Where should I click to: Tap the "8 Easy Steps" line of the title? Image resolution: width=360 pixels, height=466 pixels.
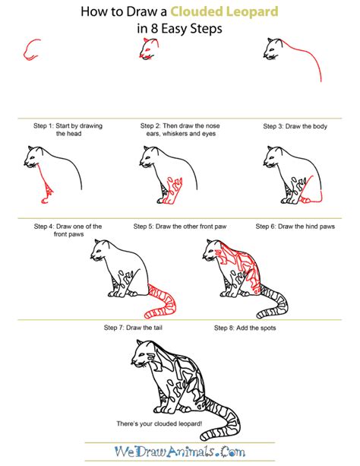[x=180, y=30]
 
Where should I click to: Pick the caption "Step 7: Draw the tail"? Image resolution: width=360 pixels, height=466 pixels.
[x=134, y=328]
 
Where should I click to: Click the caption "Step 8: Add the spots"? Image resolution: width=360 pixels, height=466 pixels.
[x=245, y=328]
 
